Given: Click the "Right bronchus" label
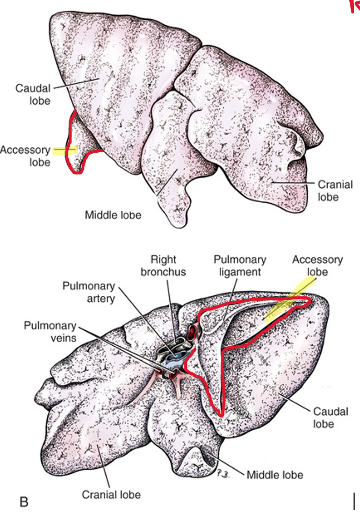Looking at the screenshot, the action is coord(163,265).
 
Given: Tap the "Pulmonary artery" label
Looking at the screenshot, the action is coord(89,291).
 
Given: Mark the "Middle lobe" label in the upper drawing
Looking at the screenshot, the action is coord(113,215).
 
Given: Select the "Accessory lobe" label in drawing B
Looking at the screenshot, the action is coord(317,265).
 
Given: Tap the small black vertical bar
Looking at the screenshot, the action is coord(355,501).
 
